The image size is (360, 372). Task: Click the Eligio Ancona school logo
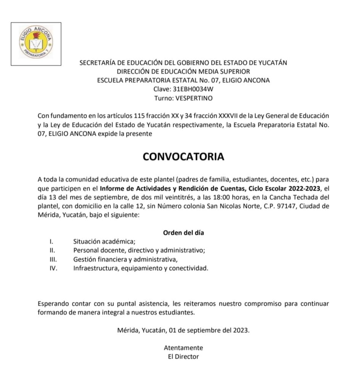(36, 44)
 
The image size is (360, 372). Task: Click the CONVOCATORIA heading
(183, 156)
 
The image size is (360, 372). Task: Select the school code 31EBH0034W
(193, 89)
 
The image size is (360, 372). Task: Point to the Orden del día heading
(183, 233)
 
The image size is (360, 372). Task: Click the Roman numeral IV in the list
(53, 268)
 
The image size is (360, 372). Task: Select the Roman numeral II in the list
(52, 250)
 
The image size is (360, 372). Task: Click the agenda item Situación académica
(104, 242)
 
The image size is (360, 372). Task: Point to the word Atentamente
(183, 348)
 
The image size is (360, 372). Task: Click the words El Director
(183, 356)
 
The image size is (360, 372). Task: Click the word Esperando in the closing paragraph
(53, 304)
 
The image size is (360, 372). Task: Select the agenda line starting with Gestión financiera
(125, 259)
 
